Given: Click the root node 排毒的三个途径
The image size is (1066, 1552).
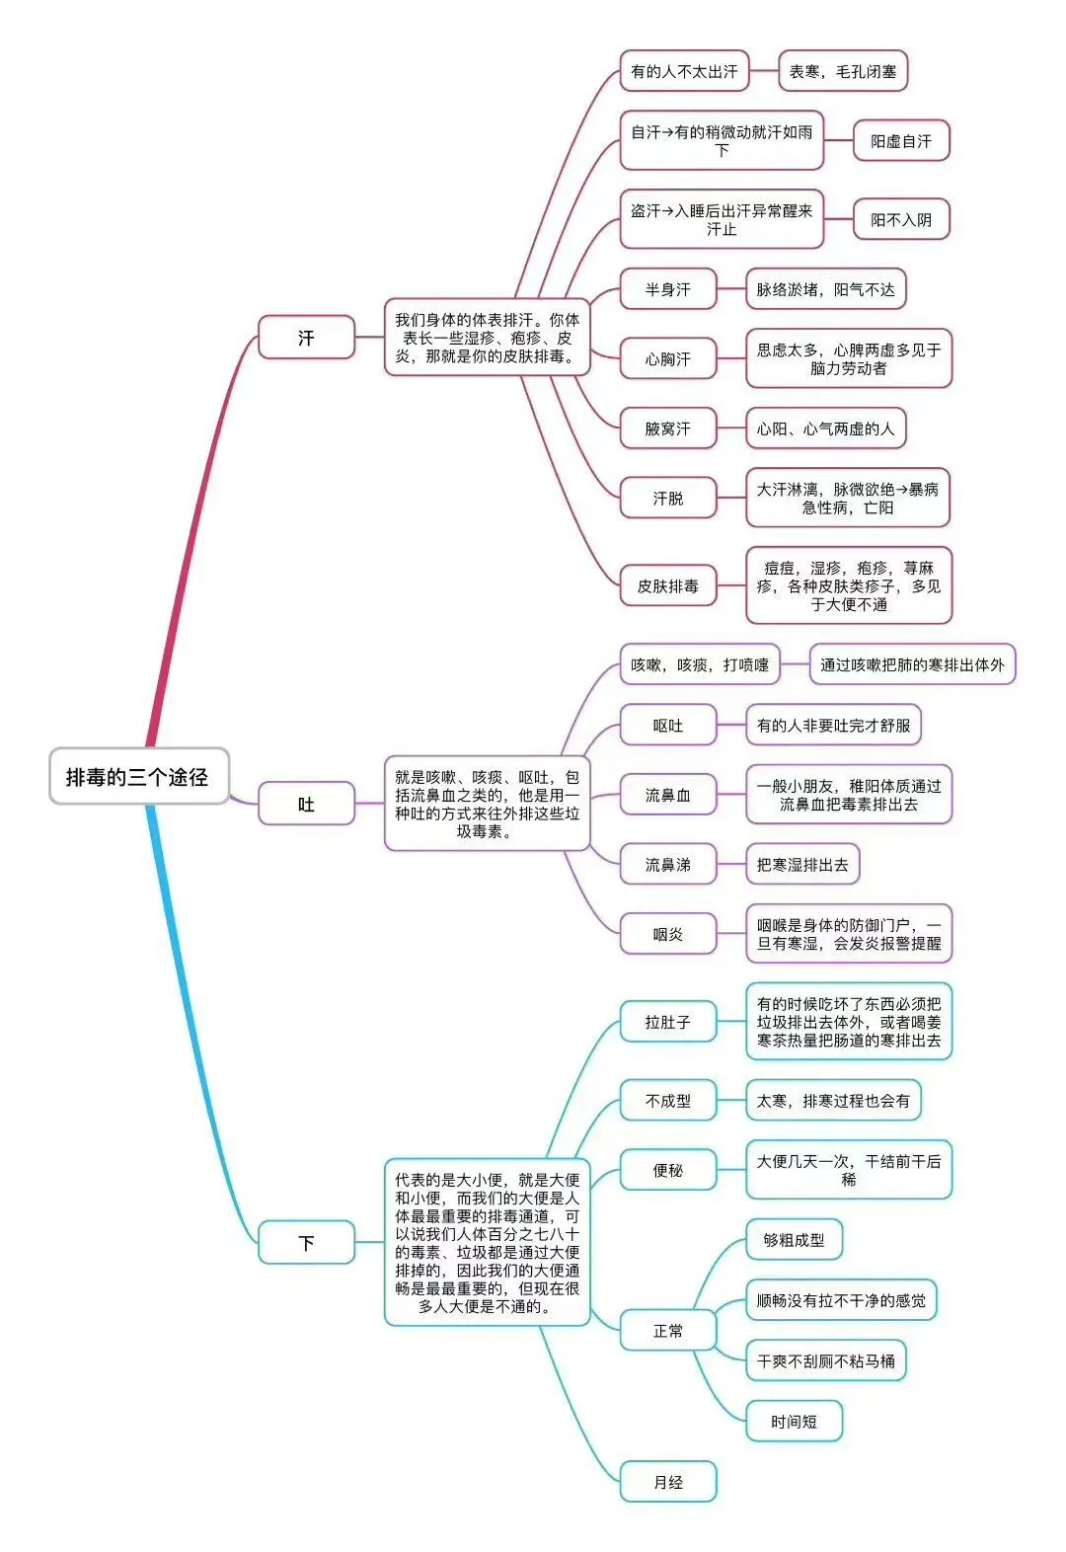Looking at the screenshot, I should pyautogui.click(x=138, y=777).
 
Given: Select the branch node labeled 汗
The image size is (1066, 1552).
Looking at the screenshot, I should pyautogui.click(x=306, y=338).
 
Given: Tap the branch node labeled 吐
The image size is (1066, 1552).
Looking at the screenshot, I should pyautogui.click(x=306, y=805).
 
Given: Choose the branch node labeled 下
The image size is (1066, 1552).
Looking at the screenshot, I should pyautogui.click(x=306, y=1242).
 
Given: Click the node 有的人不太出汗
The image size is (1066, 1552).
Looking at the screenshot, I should pyautogui.click(x=684, y=71).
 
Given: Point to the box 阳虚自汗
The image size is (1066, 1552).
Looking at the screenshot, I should pyautogui.click(x=900, y=141).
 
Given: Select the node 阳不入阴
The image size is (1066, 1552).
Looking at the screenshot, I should pyautogui.click(x=900, y=219).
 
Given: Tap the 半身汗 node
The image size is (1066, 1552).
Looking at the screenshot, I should pyautogui.click(x=668, y=289).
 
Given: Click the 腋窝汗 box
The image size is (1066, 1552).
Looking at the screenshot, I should pyautogui.click(x=668, y=428).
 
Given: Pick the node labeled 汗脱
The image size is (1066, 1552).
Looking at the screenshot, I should pyautogui.click(x=668, y=499).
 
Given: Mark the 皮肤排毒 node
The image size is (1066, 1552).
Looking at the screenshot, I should pyautogui.click(x=668, y=585).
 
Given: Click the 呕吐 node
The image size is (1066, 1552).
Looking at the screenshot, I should pyautogui.click(x=668, y=726).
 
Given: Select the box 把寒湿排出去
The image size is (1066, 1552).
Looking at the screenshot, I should pyautogui.click(x=802, y=865).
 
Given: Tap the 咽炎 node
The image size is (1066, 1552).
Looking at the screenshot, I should pyautogui.click(x=668, y=934).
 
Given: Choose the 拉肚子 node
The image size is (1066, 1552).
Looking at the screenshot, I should pyautogui.click(x=668, y=1022).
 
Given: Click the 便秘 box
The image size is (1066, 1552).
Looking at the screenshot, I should pyautogui.click(x=668, y=1170).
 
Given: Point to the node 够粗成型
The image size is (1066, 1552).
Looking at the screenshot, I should pyautogui.click(x=794, y=1240).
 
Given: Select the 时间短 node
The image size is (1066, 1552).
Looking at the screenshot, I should pyautogui.click(x=794, y=1422).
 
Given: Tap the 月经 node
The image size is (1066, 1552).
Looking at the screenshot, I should pyautogui.click(x=668, y=1482).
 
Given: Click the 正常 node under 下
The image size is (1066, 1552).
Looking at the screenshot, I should pyautogui.click(x=668, y=1331).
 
